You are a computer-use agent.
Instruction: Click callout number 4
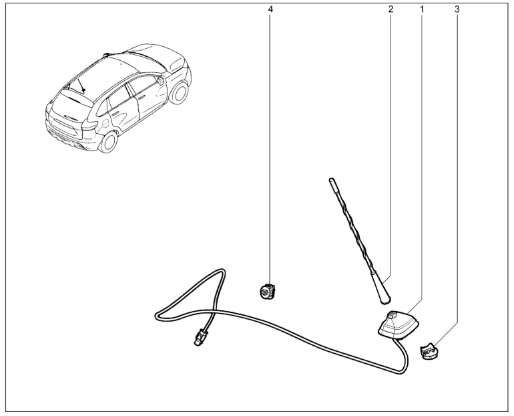(270, 9)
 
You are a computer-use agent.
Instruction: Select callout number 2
(390, 9)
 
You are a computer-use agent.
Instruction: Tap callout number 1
(422, 9)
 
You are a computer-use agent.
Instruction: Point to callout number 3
(457, 9)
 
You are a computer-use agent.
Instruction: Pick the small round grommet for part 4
(267, 290)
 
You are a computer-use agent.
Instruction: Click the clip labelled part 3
(429, 351)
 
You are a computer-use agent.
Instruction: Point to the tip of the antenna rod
(330, 179)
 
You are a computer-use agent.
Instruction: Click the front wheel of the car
(180, 92)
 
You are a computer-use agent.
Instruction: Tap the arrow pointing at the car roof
(81, 85)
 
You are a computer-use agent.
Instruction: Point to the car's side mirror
(161, 80)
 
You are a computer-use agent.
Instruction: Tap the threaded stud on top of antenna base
(393, 315)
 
